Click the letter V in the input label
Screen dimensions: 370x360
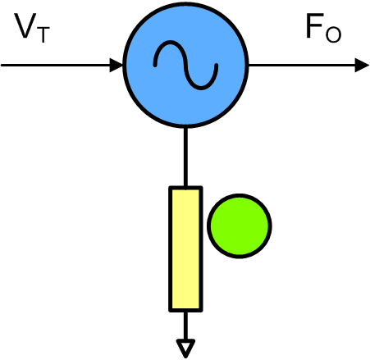[x=25, y=25]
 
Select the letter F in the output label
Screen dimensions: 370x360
[x=314, y=26]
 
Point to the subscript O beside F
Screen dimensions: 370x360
[x=333, y=34]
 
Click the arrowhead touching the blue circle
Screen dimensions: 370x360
[x=116, y=65]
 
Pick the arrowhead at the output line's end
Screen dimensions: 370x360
[x=362, y=65]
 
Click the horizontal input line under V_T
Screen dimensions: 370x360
[x=56, y=65]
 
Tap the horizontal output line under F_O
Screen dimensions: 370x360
[x=302, y=65]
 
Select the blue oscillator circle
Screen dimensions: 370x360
[x=185, y=65]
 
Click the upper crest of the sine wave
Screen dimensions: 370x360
[x=171, y=42]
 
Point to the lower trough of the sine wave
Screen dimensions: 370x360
[x=201, y=88]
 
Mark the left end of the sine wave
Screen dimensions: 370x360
[x=155, y=66]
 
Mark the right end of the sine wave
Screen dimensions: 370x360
[x=217, y=65]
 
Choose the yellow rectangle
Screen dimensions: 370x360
[x=185, y=249]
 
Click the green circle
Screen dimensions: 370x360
[x=240, y=226]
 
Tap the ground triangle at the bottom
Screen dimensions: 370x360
[x=185, y=348]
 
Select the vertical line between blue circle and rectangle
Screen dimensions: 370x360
[x=185, y=157]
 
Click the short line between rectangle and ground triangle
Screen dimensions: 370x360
[x=185, y=326]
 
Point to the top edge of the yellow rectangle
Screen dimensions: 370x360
[x=185, y=188]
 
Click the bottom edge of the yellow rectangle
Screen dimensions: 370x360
[x=185, y=310]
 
